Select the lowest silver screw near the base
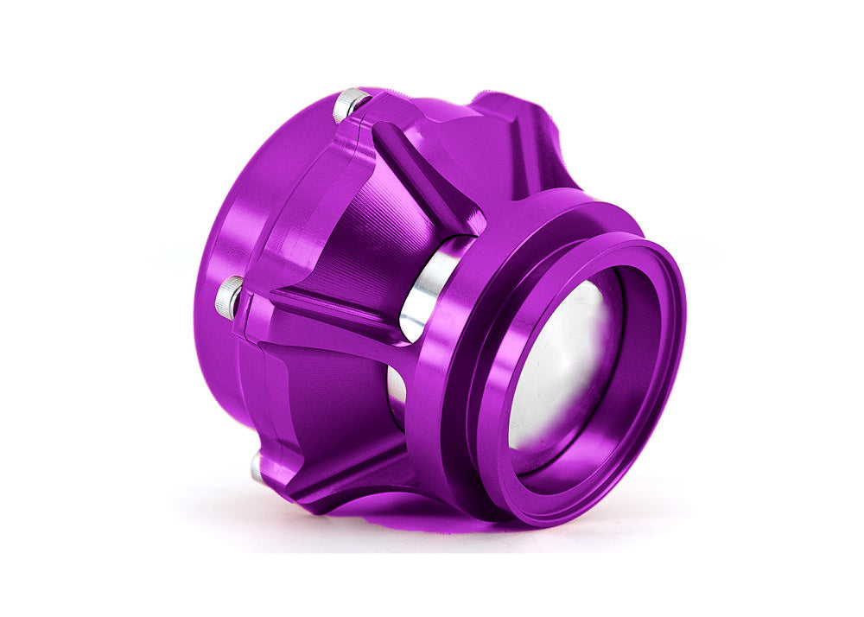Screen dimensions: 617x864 tap(257, 468)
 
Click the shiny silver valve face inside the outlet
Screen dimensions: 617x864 tap(562, 363)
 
